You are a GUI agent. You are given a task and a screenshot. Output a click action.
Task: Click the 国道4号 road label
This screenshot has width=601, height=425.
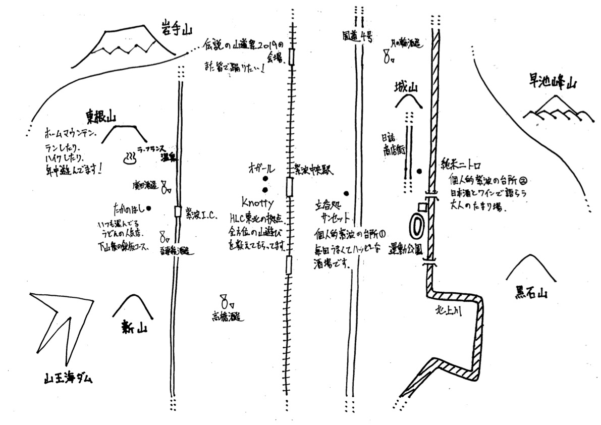(x=357, y=36)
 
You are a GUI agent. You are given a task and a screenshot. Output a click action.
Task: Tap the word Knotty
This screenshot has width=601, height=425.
(x=257, y=203)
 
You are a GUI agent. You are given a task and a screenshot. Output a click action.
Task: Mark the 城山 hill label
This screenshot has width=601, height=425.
(x=407, y=88)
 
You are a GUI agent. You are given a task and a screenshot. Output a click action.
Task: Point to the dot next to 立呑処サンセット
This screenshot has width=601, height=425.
(x=347, y=193)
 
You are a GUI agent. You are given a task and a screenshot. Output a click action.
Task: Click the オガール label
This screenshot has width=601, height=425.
(x=261, y=167)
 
